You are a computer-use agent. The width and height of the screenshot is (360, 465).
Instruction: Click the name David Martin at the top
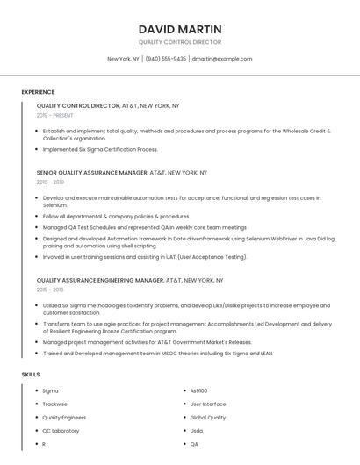(180, 29)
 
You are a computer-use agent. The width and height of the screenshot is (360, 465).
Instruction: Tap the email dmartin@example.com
(222, 59)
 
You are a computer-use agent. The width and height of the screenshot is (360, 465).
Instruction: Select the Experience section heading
(38, 92)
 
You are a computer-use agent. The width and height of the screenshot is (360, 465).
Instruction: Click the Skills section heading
(31, 375)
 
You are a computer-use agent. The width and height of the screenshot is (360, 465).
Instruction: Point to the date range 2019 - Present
(55, 115)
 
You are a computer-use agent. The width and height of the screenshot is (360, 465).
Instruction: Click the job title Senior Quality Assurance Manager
(91, 173)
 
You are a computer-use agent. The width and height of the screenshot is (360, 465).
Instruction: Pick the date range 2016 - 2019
(50, 182)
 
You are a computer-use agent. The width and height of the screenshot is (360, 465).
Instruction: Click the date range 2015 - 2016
(50, 290)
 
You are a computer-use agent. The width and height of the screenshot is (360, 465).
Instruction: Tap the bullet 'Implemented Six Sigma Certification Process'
(100, 149)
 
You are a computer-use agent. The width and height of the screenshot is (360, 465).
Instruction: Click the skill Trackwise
(54, 404)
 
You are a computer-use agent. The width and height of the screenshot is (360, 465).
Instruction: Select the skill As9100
(199, 390)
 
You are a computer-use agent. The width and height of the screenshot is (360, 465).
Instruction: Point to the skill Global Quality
(208, 418)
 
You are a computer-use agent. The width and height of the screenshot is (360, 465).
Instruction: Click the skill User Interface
(208, 404)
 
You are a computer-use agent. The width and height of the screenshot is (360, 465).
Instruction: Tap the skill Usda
(197, 431)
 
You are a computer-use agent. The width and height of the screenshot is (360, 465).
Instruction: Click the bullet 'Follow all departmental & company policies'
(116, 216)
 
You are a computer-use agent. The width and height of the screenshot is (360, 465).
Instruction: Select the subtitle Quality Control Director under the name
(180, 42)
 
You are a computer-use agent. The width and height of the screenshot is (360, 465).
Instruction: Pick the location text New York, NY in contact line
(123, 59)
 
